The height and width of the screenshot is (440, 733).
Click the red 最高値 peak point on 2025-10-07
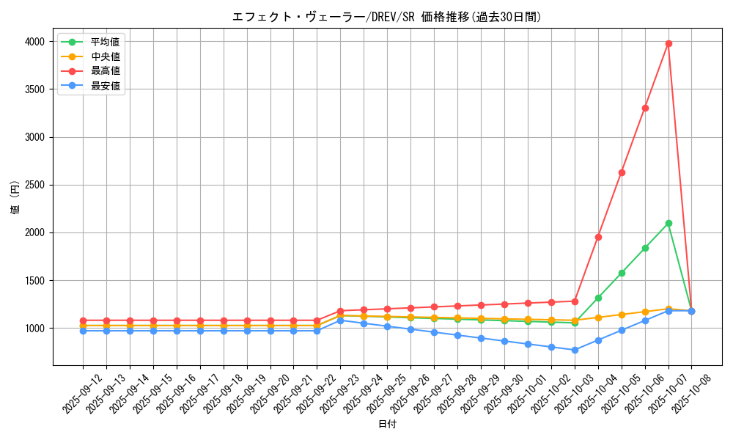(x=668, y=43)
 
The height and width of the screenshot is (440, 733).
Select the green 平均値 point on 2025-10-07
(x=668, y=223)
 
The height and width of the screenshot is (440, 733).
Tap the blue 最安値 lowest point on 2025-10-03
(x=575, y=350)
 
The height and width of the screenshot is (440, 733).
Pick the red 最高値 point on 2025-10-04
(x=598, y=237)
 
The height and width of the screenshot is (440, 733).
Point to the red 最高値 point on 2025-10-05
(x=622, y=172)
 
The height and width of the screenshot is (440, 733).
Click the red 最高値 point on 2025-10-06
(x=645, y=108)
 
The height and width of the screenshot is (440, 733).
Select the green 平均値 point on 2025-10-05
(x=622, y=273)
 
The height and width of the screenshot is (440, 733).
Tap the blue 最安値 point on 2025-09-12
(x=83, y=331)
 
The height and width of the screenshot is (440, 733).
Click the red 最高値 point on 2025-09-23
(x=340, y=311)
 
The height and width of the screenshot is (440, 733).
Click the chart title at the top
(x=387, y=17)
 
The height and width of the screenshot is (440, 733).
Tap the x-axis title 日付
(x=387, y=425)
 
